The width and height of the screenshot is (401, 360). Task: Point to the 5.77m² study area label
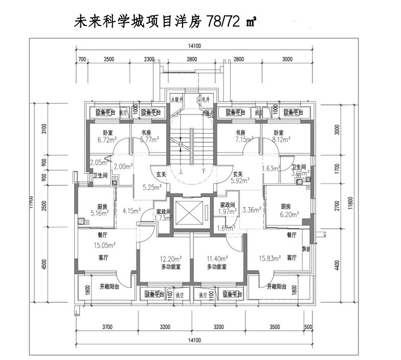[x=150, y=139]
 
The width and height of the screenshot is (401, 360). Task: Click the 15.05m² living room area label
[x=104, y=245]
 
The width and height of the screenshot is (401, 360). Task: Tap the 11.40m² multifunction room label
[x=216, y=259]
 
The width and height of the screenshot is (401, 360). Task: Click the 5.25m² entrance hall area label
[x=152, y=187]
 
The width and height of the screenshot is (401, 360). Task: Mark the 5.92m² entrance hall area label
[x=239, y=180]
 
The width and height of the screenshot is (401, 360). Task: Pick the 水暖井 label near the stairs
[x=177, y=100]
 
